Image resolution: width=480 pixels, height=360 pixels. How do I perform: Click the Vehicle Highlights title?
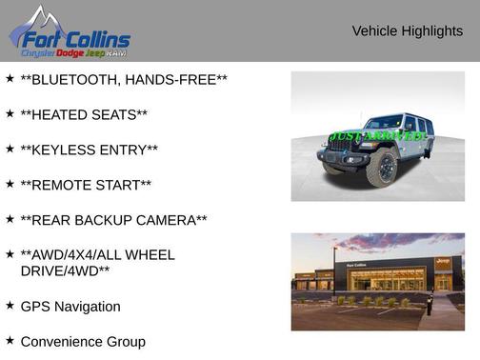click(x=407, y=31)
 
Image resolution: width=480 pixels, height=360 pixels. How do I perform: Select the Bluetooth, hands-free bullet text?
click(x=123, y=79)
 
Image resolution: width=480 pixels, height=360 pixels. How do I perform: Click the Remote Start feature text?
click(x=86, y=185)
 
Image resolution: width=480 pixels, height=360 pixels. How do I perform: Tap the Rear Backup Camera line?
click(x=113, y=220)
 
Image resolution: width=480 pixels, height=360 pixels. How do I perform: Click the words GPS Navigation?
click(x=70, y=307)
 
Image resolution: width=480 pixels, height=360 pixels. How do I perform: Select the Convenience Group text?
click(x=83, y=341)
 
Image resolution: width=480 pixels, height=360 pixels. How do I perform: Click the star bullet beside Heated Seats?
click(x=10, y=113)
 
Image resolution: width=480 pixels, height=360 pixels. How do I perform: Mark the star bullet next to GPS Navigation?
click(x=10, y=306)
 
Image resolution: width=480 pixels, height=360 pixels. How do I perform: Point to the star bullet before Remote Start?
click(x=10, y=184)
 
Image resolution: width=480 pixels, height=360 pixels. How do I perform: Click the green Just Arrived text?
click(x=378, y=136)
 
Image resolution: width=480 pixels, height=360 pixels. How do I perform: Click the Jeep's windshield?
click(x=385, y=123)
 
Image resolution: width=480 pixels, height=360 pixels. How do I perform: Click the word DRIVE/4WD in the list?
click(x=65, y=270)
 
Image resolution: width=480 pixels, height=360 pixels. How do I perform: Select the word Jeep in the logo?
click(x=94, y=53)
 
